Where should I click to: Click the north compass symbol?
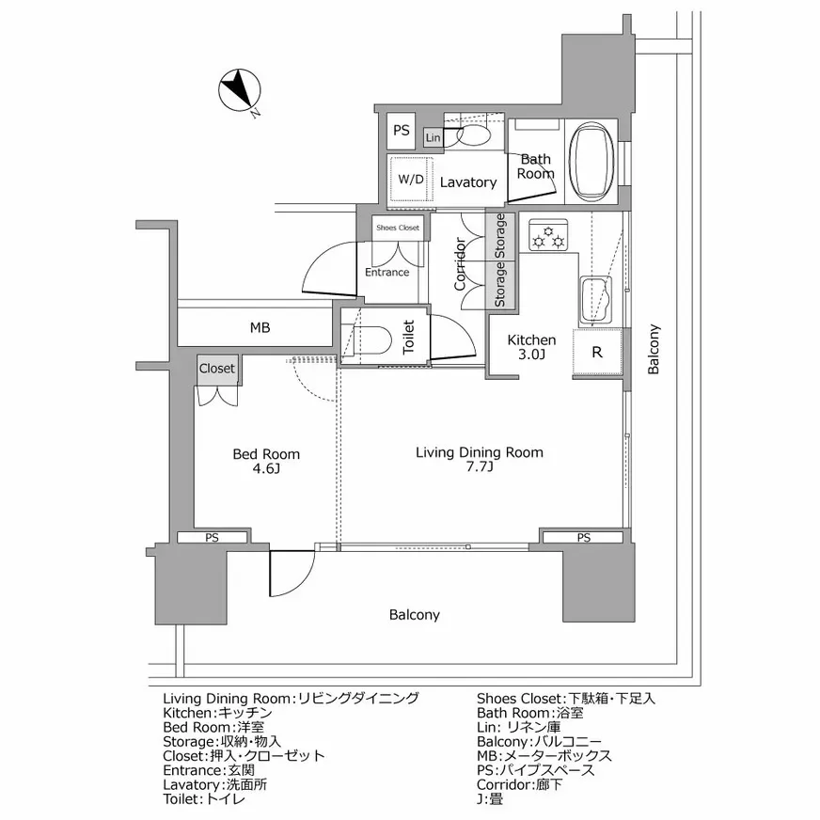tap(239, 90)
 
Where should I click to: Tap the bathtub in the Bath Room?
tap(591, 161)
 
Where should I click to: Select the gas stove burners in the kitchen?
tap(547, 235)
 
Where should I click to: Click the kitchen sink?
tap(595, 301)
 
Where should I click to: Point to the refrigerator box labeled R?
tap(597, 352)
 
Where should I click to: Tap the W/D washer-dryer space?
tap(411, 179)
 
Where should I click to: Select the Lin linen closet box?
tap(433, 137)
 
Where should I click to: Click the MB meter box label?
tap(260, 328)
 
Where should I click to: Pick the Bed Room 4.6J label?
tap(266, 461)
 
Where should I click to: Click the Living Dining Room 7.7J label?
tap(480, 459)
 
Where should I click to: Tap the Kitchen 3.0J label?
tap(531, 347)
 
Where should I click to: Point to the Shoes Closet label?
tap(398, 228)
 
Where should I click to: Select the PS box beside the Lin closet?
tap(402, 130)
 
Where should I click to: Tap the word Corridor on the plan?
tap(460, 264)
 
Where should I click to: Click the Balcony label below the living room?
tap(414, 615)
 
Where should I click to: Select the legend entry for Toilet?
tap(204, 798)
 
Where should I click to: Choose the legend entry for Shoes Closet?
tap(566, 698)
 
